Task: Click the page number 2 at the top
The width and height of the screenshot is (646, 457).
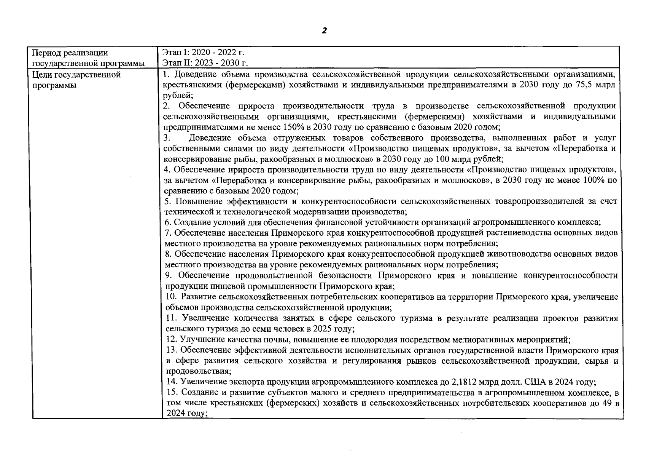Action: [x=324, y=31]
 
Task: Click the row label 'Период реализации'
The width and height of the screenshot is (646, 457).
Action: [x=70, y=53]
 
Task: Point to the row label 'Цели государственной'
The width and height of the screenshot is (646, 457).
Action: [x=76, y=74]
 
